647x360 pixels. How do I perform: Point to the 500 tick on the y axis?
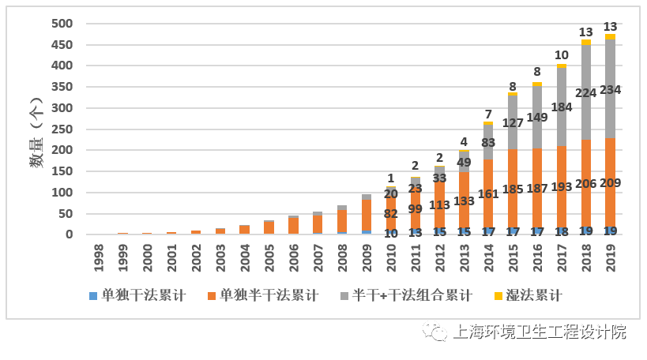(62, 24)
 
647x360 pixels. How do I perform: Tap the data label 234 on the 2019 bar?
(610, 90)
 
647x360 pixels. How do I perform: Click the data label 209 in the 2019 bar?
(610, 183)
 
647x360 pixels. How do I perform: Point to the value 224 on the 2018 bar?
(586, 92)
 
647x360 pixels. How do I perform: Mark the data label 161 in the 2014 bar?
(488, 193)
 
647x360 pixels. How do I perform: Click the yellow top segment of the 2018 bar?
(586, 43)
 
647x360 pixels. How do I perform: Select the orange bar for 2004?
(245, 229)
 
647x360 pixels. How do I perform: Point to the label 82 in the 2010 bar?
(390, 213)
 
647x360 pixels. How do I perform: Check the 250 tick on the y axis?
(62, 129)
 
